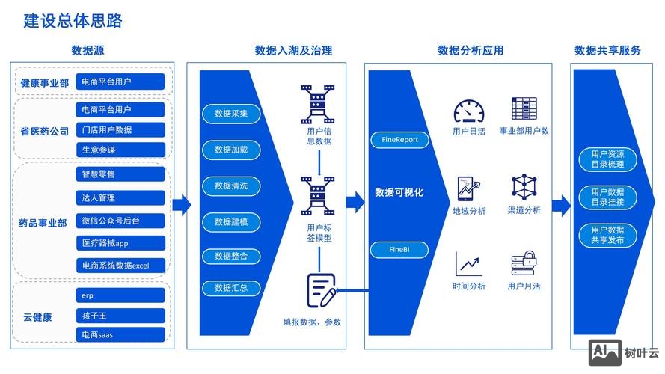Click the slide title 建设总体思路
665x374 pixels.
point(73,21)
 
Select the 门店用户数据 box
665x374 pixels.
point(120,130)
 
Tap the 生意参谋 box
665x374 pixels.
point(120,150)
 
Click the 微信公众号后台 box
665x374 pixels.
point(120,221)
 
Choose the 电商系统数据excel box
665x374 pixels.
point(120,265)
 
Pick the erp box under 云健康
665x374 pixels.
point(120,295)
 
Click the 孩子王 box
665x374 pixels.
point(120,316)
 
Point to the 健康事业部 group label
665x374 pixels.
point(44,82)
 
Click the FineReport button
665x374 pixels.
point(399,139)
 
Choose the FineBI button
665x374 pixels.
point(399,248)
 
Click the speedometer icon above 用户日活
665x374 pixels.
point(469,110)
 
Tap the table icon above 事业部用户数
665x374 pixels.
point(524,109)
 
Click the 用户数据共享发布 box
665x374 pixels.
point(607,236)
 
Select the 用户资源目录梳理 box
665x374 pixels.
point(607,159)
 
